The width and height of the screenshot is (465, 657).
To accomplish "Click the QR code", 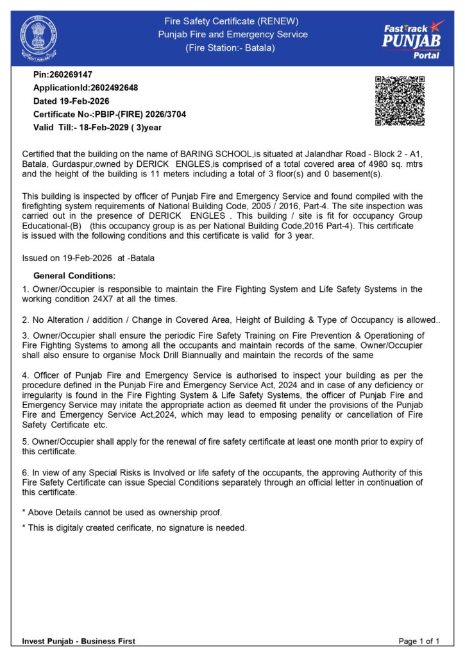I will tap(400, 101).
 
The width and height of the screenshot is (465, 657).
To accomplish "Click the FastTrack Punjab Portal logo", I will tap(412, 39).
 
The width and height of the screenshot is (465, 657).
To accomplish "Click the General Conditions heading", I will tap(74, 276).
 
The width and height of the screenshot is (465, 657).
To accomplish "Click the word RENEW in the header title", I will tap(280, 21).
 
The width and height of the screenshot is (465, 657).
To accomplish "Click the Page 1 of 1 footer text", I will tap(419, 641).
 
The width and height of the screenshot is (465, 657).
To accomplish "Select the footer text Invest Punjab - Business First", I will tap(79, 641).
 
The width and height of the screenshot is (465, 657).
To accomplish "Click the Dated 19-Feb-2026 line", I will tap(71, 101).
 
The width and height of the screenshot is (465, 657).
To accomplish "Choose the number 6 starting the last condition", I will tap(24, 473).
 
